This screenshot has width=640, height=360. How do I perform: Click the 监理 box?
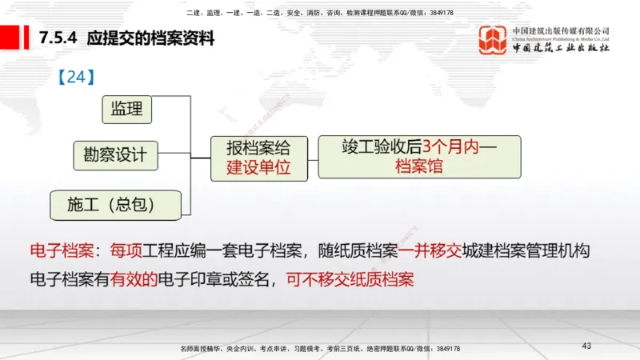pyautogui.click(x=126, y=109)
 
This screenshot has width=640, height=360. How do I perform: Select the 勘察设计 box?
pyautogui.click(x=115, y=155)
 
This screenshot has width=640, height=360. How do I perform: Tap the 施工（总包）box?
pyautogui.click(x=110, y=205)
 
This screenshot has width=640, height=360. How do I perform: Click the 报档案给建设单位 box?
pyautogui.click(x=257, y=158)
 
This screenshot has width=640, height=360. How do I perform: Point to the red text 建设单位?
pyautogui.click(x=257, y=168)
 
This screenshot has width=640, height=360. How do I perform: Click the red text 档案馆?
pyautogui.click(x=418, y=167)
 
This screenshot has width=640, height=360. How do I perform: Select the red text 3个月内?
pyautogui.click(x=450, y=146)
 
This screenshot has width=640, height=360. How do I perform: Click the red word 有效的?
pyautogui.click(x=134, y=280)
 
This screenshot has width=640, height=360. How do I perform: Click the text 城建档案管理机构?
pyautogui.click(x=526, y=252)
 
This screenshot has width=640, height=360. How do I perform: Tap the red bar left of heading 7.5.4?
pyautogui.click(x=10, y=38)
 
